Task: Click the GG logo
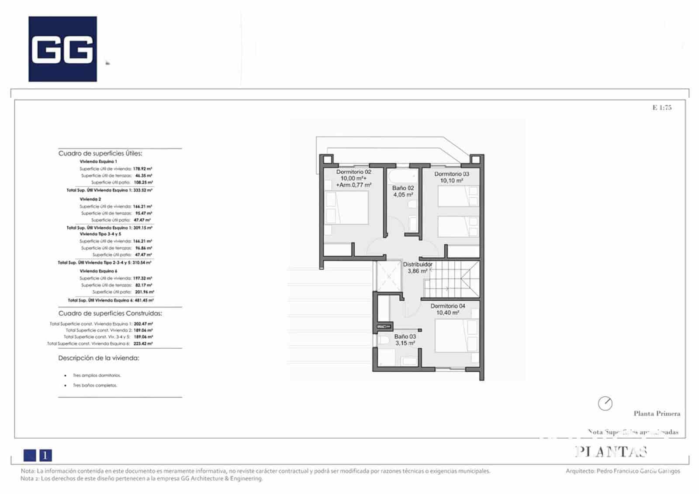click(x=62, y=49)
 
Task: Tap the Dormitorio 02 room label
click(x=353, y=178)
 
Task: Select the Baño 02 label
click(x=403, y=192)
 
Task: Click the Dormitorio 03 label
click(x=451, y=177)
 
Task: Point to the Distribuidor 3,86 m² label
click(x=417, y=268)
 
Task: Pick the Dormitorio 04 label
click(x=448, y=309)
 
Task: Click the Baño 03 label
click(x=405, y=340)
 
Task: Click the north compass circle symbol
click(x=605, y=403)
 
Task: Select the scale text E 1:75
click(x=662, y=107)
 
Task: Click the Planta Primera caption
click(x=657, y=414)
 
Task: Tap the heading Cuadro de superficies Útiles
click(x=100, y=154)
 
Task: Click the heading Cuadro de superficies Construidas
click(x=110, y=313)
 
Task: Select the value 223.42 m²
click(x=143, y=344)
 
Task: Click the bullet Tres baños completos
click(x=95, y=385)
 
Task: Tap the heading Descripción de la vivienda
click(x=99, y=358)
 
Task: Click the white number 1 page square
click(x=46, y=456)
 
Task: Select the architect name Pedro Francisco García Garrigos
click(x=638, y=471)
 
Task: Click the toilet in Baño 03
click(x=384, y=341)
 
